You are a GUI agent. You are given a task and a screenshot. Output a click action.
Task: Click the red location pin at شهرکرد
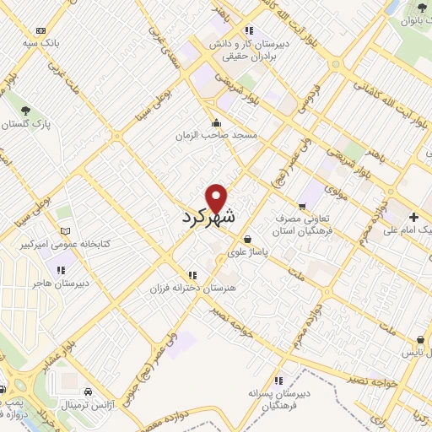tap(218, 197)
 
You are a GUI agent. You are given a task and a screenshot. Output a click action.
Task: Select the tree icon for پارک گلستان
tap(26, 111)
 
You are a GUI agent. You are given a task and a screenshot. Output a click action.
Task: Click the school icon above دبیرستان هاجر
tap(61, 270)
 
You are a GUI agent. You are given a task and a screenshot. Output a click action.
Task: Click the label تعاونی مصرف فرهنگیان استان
tap(304, 223)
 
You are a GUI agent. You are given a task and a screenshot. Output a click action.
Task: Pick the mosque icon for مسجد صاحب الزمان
tap(218, 122)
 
